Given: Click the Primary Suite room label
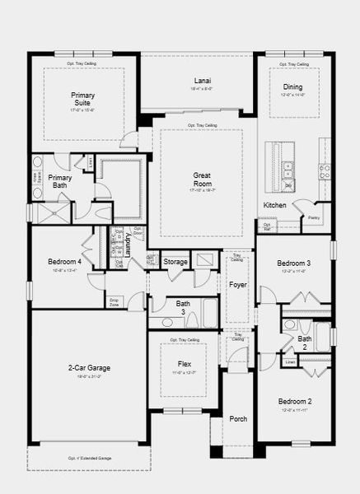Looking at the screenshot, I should pos(82,99).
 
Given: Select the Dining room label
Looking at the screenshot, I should pos(292,86).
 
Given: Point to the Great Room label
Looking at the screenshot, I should pos(203,179).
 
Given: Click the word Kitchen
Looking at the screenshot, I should pos(274,204).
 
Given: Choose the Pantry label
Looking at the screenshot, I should pos(314,217).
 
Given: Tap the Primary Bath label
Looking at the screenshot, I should pos(60,181).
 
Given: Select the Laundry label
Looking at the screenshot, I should pos(128,245).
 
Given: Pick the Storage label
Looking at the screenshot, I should pos(175,262).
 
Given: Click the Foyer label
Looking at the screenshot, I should pos(238,286).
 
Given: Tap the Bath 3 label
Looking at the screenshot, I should pos(183,308).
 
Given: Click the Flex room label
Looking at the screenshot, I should pos(185,362).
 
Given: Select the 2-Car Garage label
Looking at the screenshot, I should pos(90,367).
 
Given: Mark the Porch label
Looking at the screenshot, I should pos(238,418).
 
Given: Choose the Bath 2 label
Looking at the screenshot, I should pos(305,342).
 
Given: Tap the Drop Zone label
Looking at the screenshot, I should pos(115,303).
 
